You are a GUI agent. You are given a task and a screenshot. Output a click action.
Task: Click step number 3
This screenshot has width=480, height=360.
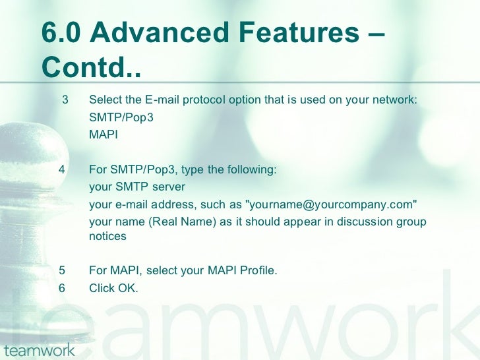pos(65,100)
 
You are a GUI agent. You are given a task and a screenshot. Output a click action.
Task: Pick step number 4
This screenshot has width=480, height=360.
pos(61,169)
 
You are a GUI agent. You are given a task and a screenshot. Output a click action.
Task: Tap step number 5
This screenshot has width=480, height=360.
pos(61,270)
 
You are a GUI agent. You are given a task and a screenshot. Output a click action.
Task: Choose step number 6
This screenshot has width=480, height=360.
pos(61,287)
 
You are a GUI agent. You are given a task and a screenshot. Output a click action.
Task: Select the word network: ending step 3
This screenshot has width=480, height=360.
pos(395,100)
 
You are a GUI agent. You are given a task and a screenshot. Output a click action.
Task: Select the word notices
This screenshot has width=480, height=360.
pos(107,236)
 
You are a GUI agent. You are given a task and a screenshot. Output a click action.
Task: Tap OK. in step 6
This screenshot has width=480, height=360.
pos(127,287)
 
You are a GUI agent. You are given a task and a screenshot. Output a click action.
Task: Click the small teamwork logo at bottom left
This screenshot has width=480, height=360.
pos(39,349)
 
